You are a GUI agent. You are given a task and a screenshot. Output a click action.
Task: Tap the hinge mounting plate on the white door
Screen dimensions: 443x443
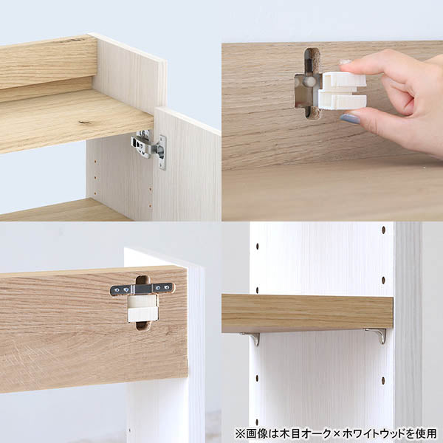[x=162, y=153]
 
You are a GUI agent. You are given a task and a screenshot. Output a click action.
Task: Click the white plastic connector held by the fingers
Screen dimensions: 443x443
[x=343, y=91]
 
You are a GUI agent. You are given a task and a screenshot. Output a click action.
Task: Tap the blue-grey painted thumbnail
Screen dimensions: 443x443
[x=350, y=118]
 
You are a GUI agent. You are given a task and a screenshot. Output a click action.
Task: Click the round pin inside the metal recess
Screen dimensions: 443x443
[x=309, y=82]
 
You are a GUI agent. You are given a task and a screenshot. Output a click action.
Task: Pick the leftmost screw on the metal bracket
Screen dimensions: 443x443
[x=116, y=289]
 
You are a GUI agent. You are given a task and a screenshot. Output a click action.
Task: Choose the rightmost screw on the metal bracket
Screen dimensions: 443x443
[x=168, y=288]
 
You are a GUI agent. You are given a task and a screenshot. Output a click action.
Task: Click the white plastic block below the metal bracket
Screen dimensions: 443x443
[x=142, y=308]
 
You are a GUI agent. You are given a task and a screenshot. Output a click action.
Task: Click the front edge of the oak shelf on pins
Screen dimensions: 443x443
[x=307, y=313]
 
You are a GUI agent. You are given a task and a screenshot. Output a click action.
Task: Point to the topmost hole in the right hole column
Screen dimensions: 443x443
[x=384, y=230]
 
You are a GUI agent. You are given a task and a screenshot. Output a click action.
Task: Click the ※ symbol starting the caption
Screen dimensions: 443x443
[x=240, y=433]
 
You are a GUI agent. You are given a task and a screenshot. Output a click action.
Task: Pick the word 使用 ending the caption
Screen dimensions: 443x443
[x=427, y=433]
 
